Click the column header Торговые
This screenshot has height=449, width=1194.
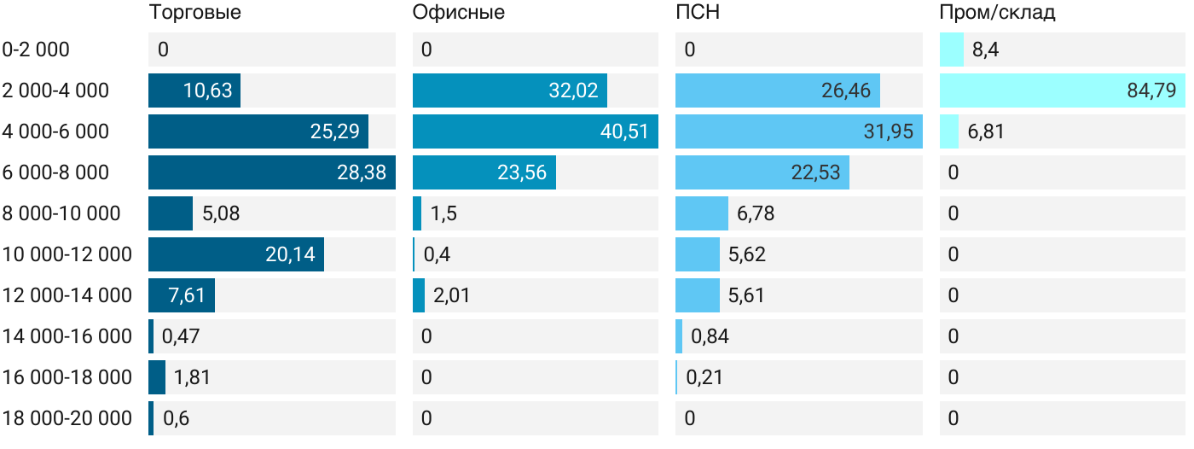pos(194,13)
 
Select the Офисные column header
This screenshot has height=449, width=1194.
pos(458,13)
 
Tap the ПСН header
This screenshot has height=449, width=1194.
pos(698,13)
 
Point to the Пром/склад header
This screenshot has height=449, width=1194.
pos(997,13)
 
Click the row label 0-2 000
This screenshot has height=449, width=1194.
pos(36,50)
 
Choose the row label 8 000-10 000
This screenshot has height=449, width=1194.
pos(61,213)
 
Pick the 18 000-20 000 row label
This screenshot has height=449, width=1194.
pos(67,418)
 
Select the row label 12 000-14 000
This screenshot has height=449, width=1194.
pos(67,295)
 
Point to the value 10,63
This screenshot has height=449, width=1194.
pos(207,90)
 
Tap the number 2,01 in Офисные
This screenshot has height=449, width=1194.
pos(451,295)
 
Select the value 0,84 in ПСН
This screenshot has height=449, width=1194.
pos(710,336)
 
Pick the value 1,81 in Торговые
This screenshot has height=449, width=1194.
pos(192,377)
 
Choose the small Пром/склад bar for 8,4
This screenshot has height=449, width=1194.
pos(951,50)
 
